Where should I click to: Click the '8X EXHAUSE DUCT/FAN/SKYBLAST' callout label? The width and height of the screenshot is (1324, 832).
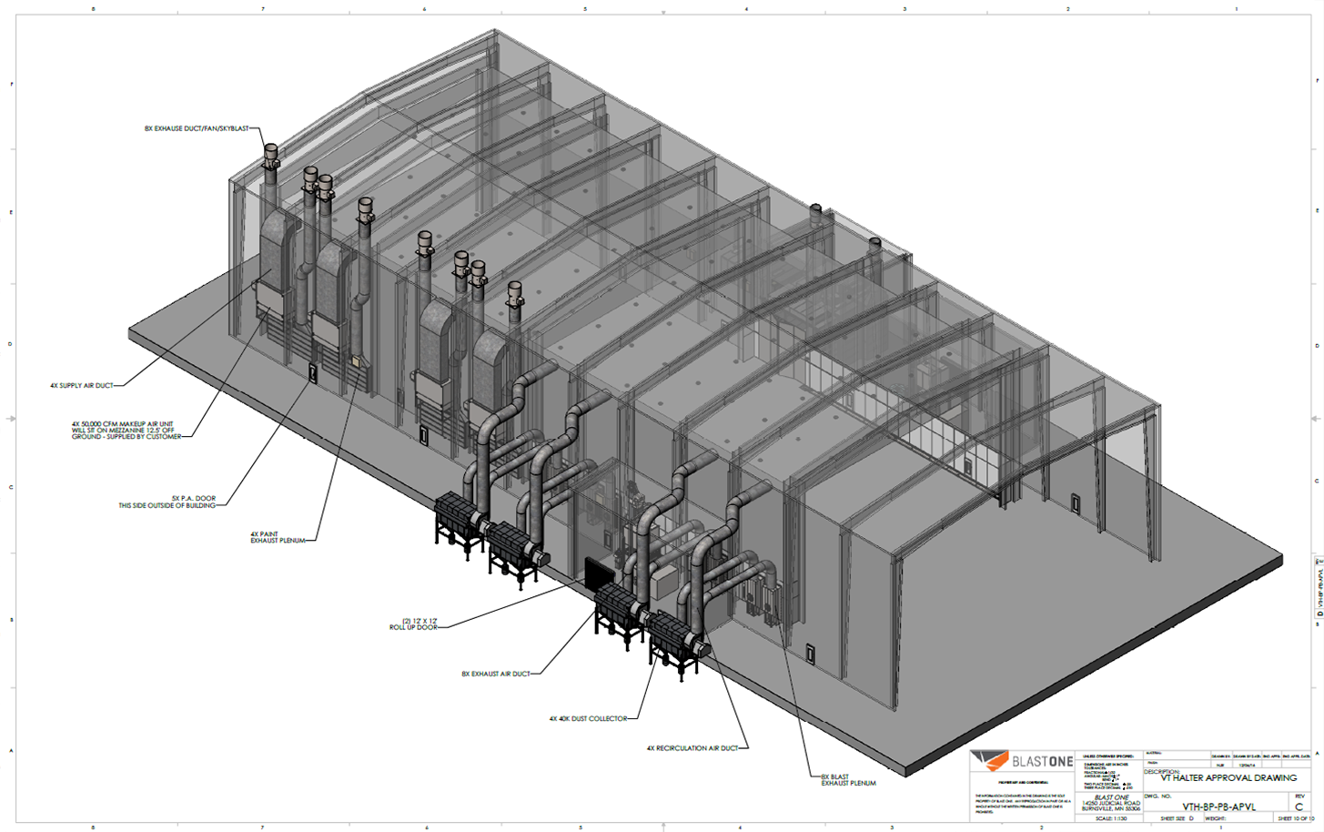click(x=196, y=128)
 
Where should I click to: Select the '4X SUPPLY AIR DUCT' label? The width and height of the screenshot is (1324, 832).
click(x=82, y=386)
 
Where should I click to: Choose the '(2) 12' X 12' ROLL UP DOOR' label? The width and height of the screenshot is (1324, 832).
click(x=413, y=624)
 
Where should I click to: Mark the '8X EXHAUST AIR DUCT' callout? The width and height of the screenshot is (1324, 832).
click(x=495, y=675)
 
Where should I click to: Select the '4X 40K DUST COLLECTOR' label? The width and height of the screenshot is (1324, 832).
click(x=587, y=719)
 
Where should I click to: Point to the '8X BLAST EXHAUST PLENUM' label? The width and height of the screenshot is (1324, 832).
click(x=848, y=780)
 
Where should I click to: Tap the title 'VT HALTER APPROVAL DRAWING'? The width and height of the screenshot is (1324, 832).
click(x=1228, y=778)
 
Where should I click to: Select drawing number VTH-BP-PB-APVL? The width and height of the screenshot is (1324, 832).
click(x=1218, y=807)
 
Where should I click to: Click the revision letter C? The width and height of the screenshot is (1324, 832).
click(x=1299, y=807)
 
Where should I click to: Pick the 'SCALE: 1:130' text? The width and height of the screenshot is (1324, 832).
click(x=1110, y=818)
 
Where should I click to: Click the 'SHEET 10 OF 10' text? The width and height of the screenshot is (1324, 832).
click(x=1295, y=818)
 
